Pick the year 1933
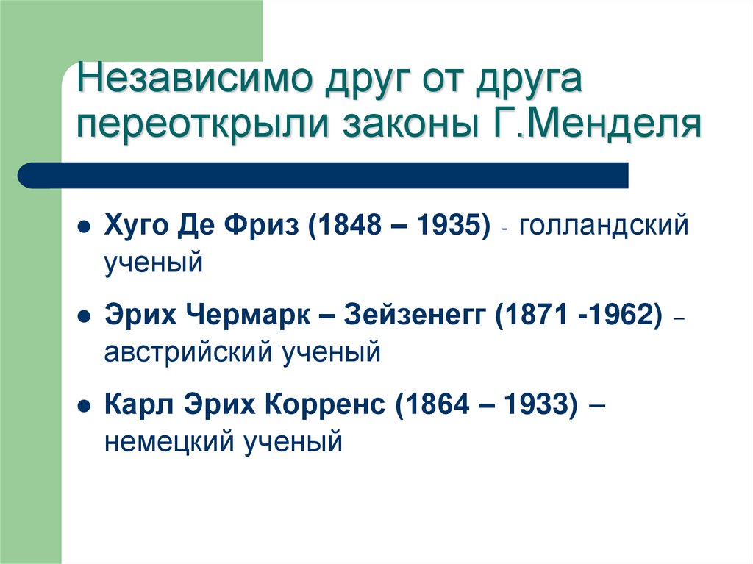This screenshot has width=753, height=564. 534,406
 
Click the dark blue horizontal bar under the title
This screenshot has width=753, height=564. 324,175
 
